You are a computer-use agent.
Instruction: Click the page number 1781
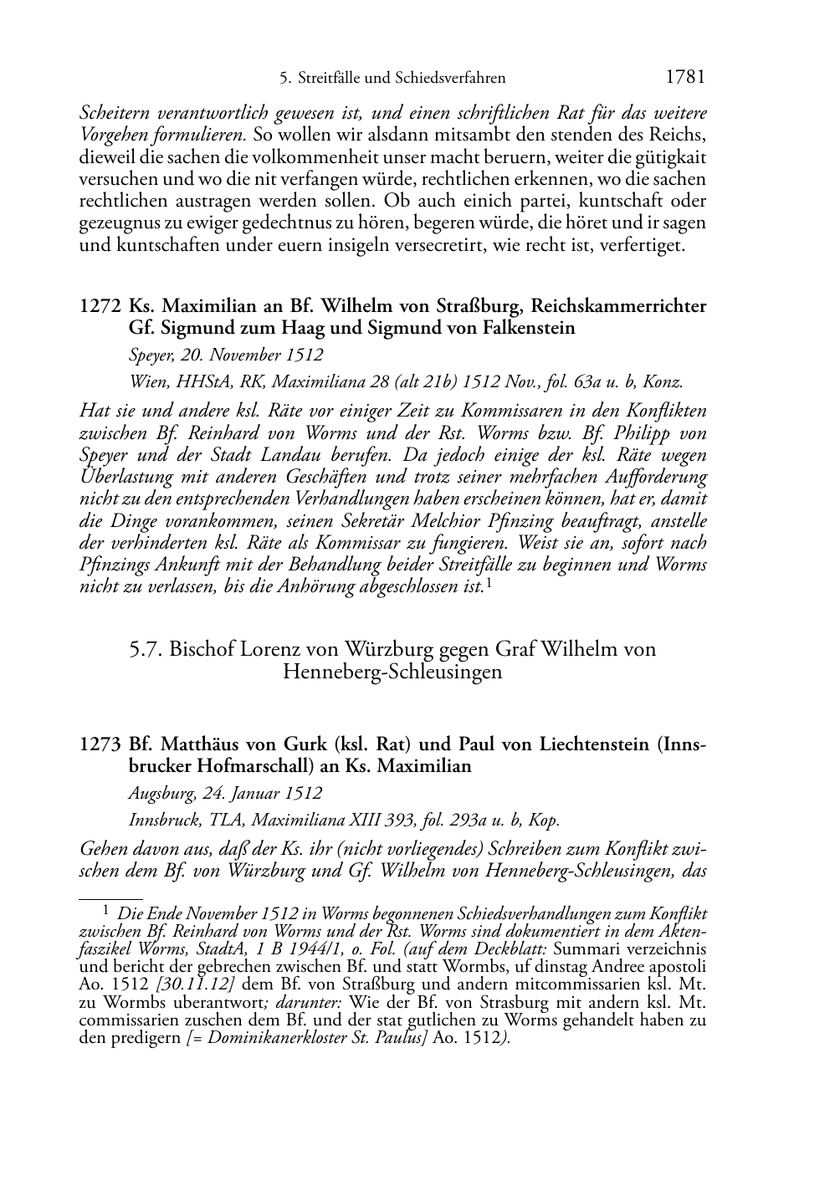click(x=685, y=77)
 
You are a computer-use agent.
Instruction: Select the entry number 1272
click(x=100, y=306)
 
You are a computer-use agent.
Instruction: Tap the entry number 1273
click(x=100, y=744)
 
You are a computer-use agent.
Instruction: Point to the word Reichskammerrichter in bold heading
click(x=620, y=306)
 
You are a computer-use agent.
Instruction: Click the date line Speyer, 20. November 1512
click(x=226, y=355)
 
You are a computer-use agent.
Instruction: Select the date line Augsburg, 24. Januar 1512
click(x=225, y=793)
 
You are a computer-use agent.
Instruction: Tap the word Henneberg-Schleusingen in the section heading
click(x=392, y=672)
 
